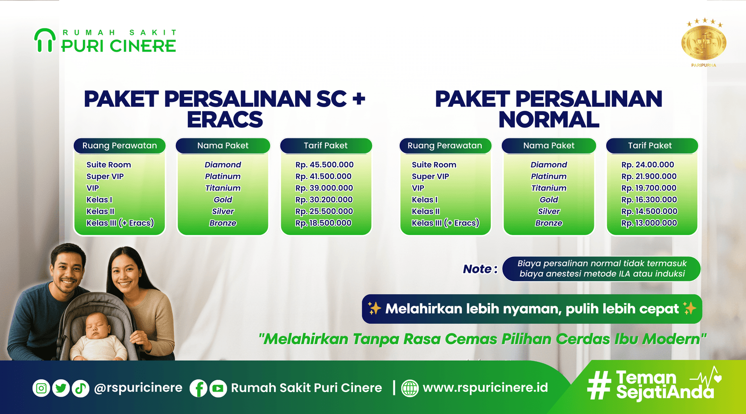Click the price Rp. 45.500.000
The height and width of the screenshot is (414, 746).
tap(324, 164)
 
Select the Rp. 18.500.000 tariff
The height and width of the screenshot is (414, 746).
tap(323, 223)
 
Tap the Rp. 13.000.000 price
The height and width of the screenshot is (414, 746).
tap(649, 223)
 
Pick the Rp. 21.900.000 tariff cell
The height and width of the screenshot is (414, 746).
tap(649, 176)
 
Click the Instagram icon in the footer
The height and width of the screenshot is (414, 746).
tap(41, 388)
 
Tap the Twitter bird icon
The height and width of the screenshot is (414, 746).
tap(61, 388)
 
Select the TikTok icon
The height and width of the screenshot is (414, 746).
tap(81, 388)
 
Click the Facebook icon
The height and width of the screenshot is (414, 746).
tap(199, 388)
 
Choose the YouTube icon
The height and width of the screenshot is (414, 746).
tap(218, 388)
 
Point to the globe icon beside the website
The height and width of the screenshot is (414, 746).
tap(410, 388)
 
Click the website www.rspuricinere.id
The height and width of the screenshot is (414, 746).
tap(485, 388)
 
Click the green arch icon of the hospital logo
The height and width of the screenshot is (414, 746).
tap(45, 40)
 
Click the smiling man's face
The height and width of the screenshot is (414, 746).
tap(68, 269)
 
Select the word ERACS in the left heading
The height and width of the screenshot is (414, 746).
tap(225, 120)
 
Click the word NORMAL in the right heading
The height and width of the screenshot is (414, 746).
tap(549, 120)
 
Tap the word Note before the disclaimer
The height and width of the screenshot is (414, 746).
tap(477, 269)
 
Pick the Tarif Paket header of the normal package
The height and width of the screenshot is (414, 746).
tap(650, 146)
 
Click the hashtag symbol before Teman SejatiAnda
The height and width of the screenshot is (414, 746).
tap(599, 385)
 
